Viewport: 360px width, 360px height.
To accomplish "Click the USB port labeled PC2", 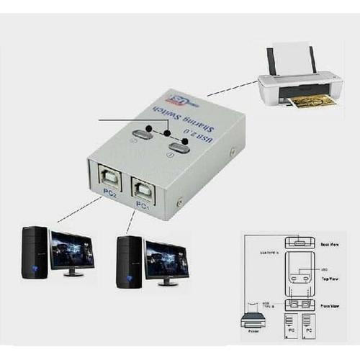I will click(x=109, y=179).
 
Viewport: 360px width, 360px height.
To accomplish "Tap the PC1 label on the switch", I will click(x=142, y=207).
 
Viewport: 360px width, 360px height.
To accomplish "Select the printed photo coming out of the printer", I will click(x=314, y=100).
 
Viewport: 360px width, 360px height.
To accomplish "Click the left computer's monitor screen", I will click(x=71, y=250).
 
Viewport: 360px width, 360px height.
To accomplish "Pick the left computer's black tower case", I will click(x=35, y=252).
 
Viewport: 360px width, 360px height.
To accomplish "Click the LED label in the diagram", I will click(x=327, y=269).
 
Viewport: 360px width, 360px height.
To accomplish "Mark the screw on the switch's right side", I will click(x=232, y=152).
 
